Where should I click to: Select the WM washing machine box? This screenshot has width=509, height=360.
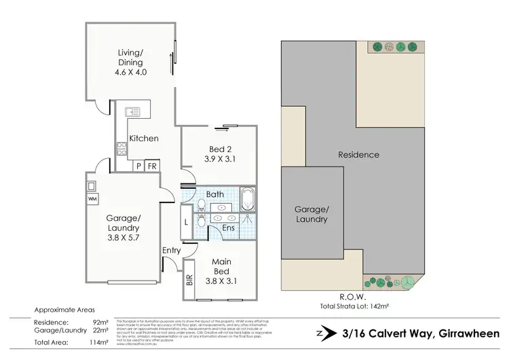[x=92, y=199]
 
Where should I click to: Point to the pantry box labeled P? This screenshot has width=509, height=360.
[x=138, y=165]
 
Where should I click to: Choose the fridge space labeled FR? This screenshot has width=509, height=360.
[x=152, y=165]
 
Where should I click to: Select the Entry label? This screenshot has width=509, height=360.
[x=171, y=251]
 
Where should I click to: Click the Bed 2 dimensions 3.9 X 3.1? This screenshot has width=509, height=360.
[x=219, y=160]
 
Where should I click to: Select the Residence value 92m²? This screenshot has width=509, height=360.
[x=99, y=322]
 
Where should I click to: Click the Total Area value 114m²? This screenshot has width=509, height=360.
[x=98, y=342]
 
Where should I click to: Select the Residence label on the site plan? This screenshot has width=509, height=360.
[x=358, y=155]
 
